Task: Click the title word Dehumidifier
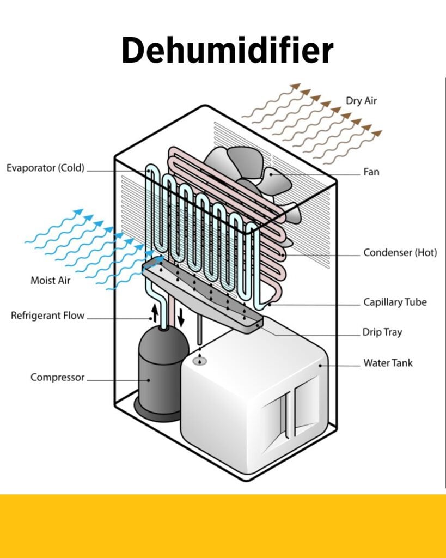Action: pos(227,50)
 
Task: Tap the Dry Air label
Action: pos(361,101)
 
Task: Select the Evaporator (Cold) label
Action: pos(45,168)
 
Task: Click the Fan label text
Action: pos(371,172)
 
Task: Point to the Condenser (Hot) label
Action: pos(400,253)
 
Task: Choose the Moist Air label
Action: pos(50,281)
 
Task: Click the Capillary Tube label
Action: pos(395,302)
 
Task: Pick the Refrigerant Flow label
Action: pos(48,316)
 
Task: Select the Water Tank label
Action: pos(388,362)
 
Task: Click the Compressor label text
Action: pos(57,377)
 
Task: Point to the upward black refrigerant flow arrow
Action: pos(155,312)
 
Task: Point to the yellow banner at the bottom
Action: pos(223,526)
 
